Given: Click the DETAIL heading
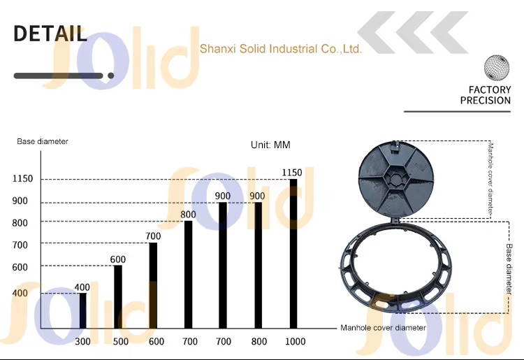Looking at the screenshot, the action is [x=50, y=34].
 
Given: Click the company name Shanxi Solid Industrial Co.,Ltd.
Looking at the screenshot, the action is [x=281, y=49].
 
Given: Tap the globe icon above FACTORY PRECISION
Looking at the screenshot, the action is [x=497, y=67].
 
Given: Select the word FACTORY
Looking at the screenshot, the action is [x=490, y=89].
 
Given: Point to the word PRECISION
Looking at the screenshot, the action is [x=486, y=100].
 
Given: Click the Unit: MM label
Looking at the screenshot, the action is [x=270, y=145].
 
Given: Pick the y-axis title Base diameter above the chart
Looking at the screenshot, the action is [x=43, y=141].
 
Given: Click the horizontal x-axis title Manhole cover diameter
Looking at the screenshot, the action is [x=383, y=328].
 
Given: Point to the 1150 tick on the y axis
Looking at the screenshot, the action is [x=23, y=178].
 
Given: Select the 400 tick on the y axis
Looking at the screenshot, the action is [x=20, y=293].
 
